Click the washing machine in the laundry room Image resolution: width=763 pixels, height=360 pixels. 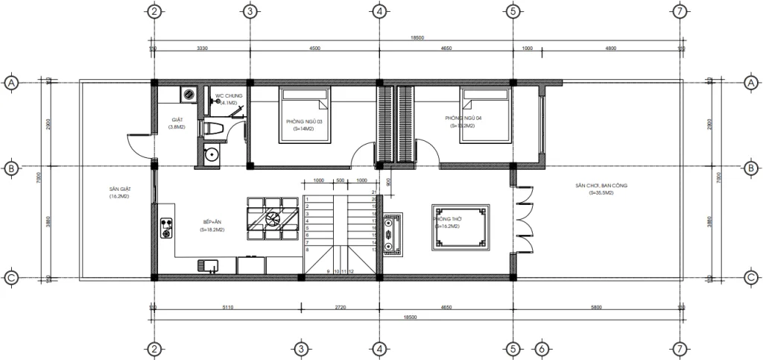[189, 95]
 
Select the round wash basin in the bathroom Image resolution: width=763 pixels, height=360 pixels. [212, 155]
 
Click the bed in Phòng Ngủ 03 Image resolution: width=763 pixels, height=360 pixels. [305, 114]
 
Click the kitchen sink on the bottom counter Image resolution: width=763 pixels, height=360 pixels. [206, 265]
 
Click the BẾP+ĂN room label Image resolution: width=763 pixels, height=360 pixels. [212, 222]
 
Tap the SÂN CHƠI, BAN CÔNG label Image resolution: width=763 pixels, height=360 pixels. [601, 185]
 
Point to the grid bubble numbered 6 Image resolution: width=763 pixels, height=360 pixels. [542, 349]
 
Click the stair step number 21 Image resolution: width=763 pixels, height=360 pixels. [373, 193]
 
